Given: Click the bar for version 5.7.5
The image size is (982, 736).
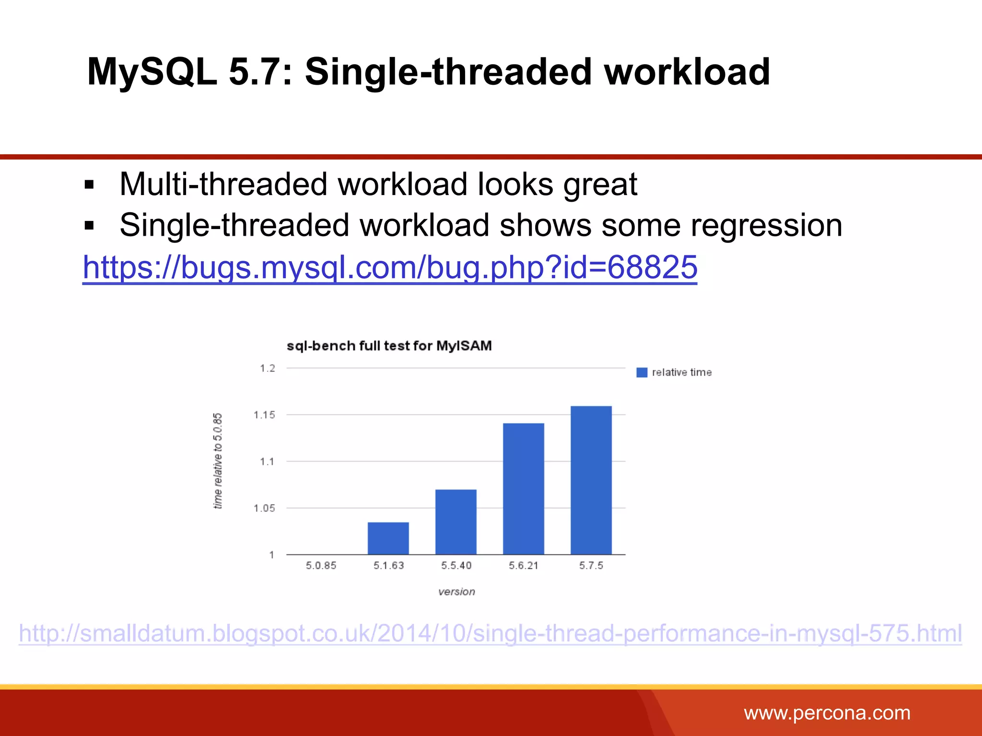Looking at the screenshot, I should tap(591, 480).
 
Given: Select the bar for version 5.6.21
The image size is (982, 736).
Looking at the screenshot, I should tap(523, 489).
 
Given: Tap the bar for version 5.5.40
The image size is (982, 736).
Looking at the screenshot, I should tap(456, 522).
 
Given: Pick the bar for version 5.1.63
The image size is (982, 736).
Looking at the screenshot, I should tap(388, 538).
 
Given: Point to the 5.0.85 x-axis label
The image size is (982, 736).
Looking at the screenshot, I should tap(321, 565).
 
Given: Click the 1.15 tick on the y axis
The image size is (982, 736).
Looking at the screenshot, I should tap(264, 415).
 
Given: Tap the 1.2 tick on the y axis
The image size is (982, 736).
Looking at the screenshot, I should tap(267, 368).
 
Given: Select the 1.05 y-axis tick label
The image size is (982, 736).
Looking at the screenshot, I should tap(264, 508).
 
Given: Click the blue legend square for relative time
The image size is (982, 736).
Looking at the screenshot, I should tap(642, 372).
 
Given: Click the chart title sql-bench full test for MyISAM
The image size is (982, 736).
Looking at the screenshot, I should tap(389, 345).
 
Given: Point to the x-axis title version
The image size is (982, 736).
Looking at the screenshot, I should tap(456, 592).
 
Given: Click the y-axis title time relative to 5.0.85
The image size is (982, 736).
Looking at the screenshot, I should tap(218, 460).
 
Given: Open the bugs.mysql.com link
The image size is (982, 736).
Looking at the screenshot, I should tap(389, 267).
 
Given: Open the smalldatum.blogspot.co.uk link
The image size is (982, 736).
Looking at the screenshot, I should tap(490, 633).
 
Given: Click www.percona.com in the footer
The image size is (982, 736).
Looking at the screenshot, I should tap(827, 713).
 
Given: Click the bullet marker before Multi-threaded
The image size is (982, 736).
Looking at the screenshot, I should tap(89, 185).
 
